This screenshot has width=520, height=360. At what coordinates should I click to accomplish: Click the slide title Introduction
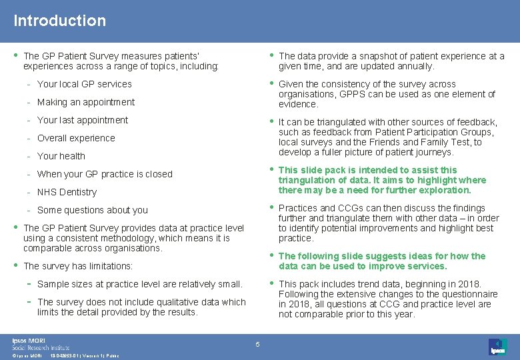click(x=59, y=21)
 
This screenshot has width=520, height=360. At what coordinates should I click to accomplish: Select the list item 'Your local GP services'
click(x=85, y=84)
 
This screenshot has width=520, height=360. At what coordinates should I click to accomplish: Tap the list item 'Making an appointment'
click(x=86, y=102)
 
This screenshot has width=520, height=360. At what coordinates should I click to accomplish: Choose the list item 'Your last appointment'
click(x=83, y=120)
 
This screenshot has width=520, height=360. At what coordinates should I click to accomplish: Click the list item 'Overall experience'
click(x=76, y=138)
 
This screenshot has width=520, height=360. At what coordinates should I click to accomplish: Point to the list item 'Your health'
click(x=61, y=156)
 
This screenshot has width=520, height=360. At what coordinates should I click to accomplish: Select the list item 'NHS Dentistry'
click(x=67, y=192)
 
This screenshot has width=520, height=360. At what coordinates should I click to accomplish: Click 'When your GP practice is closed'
click(x=105, y=174)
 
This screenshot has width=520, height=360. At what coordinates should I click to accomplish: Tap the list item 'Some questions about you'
click(x=93, y=210)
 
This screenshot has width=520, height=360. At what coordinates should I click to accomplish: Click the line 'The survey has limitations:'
click(x=78, y=266)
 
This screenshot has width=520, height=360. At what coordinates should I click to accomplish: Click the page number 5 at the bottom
click(x=257, y=344)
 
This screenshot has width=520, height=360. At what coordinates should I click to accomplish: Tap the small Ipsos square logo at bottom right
click(x=497, y=347)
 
